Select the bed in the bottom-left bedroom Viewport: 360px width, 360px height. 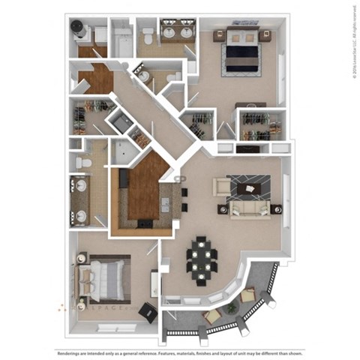[103, 277]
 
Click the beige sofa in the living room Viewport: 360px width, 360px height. [249, 209]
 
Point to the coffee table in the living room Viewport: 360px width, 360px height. [249, 184]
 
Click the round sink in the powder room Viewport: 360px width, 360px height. [143, 76]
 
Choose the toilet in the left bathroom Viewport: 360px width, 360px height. [85, 162]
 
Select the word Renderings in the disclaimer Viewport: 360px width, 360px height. [73, 352]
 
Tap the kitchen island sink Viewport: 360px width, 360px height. [165, 204]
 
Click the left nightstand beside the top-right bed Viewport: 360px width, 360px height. [219, 34]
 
